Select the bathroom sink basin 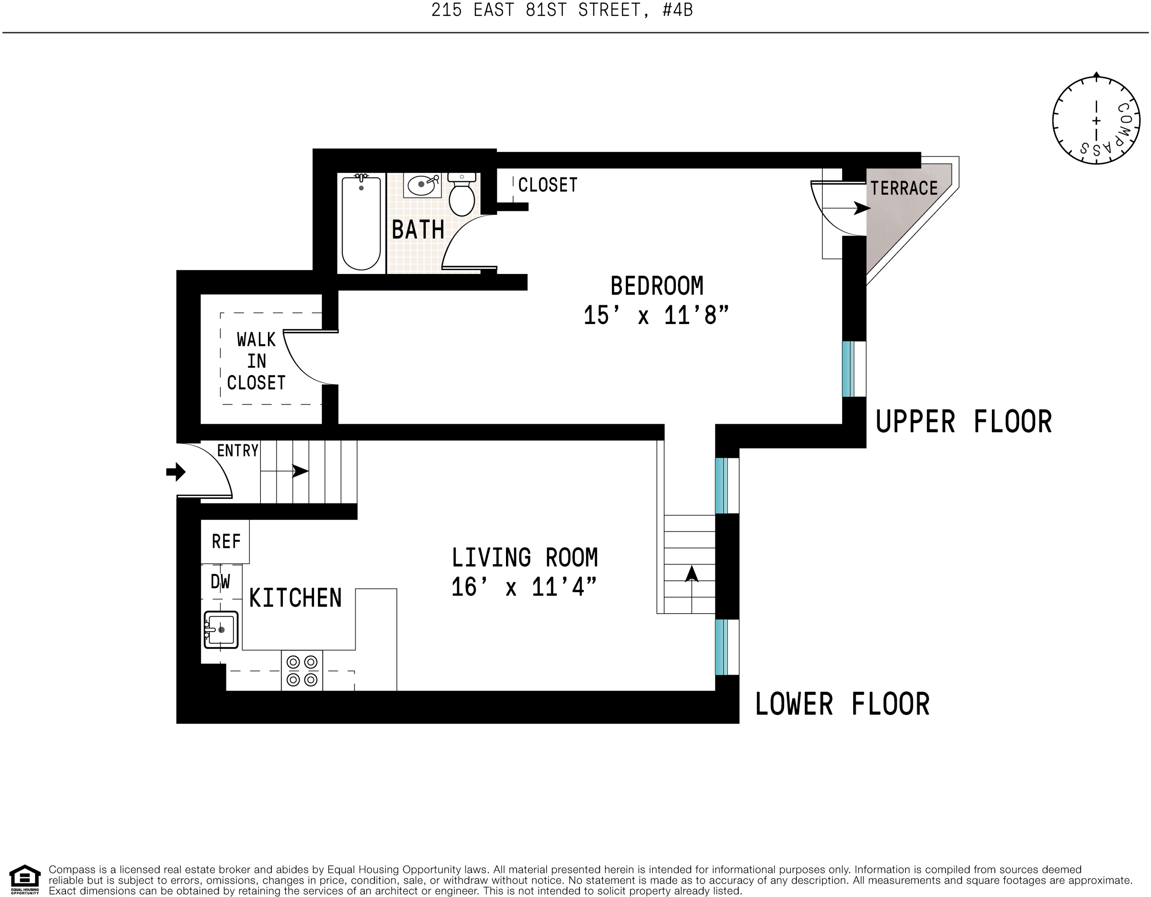click(422, 185)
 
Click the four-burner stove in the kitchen click(302, 670)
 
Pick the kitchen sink click(221, 630)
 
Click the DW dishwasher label click(220, 582)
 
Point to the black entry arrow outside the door click(176, 472)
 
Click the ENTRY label click(238, 450)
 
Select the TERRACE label click(904, 188)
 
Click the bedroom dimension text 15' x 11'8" click(656, 316)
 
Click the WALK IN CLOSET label click(256, 361)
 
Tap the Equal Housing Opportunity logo click(25, 879)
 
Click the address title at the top click(562, 10)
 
